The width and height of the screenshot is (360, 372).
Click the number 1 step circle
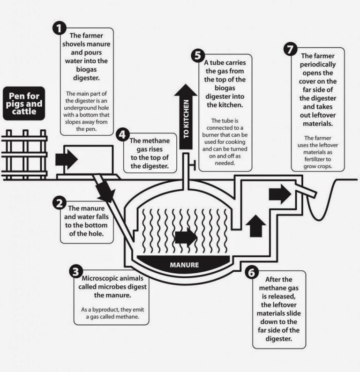(x=58, y=29)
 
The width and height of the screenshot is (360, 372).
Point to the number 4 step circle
(x=121, y=135)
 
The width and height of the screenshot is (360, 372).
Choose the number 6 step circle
(x=251, y=272)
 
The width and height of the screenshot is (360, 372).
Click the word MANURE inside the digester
(x=184, y=265)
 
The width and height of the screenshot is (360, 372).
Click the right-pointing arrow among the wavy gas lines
(x=186, y=238)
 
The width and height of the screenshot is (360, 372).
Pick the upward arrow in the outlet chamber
(x=255, y=225)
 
